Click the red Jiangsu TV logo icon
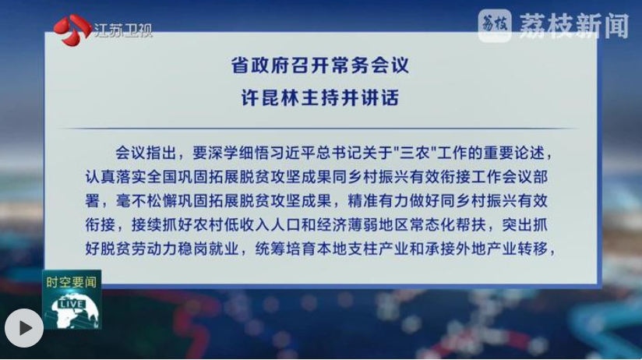click(72, 30)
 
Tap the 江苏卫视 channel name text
click(123, 30)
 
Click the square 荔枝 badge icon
click(495, 26)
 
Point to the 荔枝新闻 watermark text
click(574, 26)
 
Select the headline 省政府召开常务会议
click(320, 65)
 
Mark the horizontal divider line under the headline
click(320, 129)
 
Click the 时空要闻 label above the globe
click(72, 282)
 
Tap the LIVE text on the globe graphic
click(72, 305)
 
